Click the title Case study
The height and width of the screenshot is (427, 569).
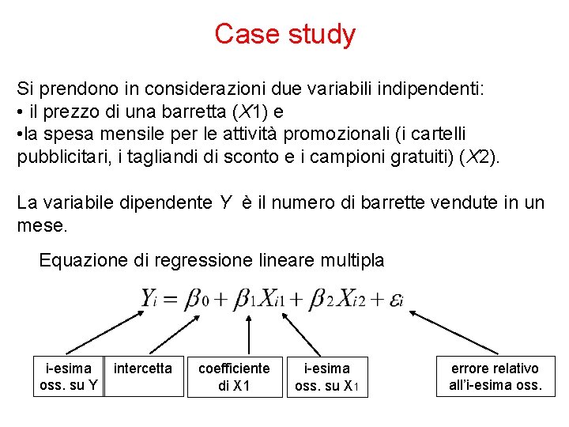[x=284, y=34]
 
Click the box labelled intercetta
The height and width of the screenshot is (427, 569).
[x=143, y=376]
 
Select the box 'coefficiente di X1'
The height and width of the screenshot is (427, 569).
[x=234, y=376]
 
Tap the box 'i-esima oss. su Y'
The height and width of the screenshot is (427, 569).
[x=69, y=376]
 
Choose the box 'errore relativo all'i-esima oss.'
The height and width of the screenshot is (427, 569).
[x=495, y=376]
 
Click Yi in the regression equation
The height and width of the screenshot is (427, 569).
[x=151, y=299]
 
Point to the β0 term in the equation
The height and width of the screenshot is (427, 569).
[x=197, y=299]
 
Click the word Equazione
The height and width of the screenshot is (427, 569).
[x=80, y=260]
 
